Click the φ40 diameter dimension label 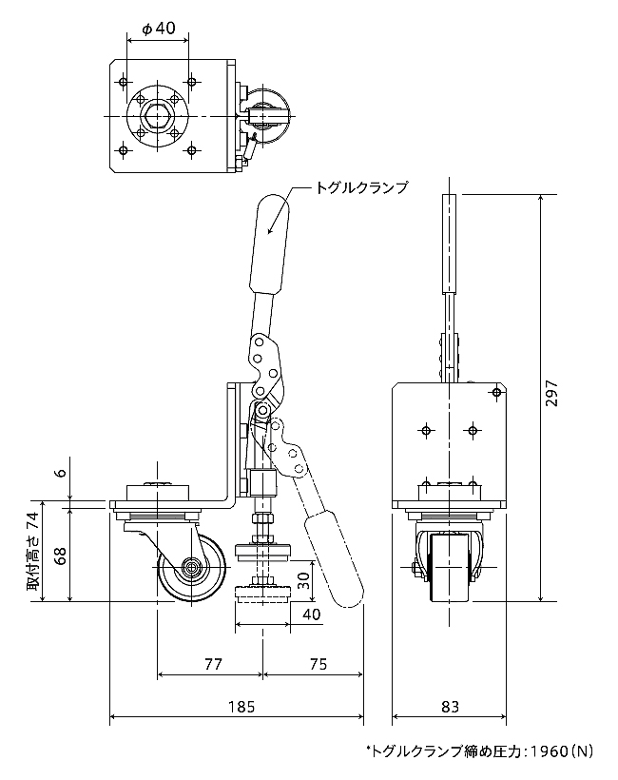159,29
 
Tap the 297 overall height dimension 551,394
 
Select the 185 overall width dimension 241,706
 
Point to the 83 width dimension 450,706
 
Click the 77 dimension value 213,664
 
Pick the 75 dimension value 319,664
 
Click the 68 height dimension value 61,556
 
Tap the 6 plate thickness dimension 61,472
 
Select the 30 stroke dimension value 304,579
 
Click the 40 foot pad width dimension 311,614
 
